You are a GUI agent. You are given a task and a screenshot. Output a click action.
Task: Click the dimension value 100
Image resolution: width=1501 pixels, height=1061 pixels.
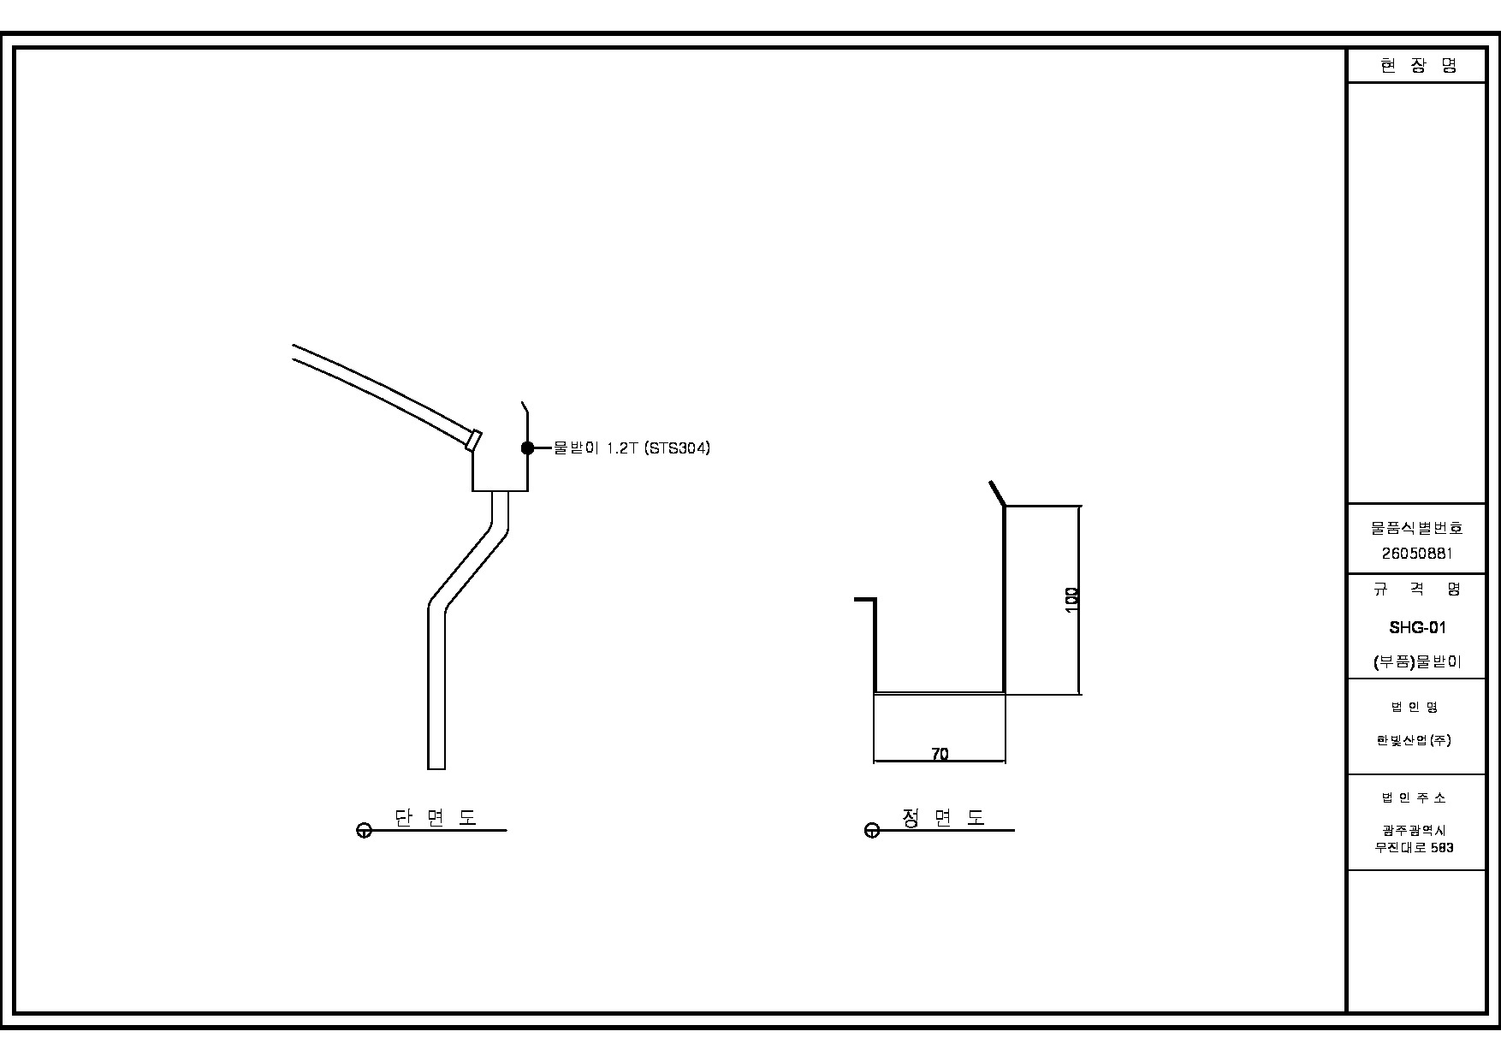tap(1071, 599)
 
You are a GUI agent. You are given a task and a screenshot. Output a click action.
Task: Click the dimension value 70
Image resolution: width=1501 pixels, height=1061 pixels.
tap(940, 754)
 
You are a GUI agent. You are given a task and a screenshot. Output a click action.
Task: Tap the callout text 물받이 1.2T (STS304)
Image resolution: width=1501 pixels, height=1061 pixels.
tap(632, 448)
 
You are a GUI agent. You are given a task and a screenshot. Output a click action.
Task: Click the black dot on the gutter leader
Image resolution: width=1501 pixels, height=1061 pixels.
tap(527, 448)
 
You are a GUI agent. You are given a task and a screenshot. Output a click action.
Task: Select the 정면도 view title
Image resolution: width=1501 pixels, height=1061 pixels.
tap(943, 817)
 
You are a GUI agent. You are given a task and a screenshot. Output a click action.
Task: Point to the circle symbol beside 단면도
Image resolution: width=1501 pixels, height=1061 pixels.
tap(364, 830)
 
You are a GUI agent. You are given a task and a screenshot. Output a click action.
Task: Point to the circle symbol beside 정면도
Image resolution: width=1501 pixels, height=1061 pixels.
tap(872, 830)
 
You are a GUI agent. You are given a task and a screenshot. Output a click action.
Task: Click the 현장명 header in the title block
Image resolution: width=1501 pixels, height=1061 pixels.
tap(1417, 66)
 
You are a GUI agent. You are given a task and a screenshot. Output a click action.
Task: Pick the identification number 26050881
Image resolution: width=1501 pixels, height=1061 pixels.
tap(1417, 554)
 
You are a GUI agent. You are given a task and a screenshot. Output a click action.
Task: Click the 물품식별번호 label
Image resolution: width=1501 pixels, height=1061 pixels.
tap(1417, 529)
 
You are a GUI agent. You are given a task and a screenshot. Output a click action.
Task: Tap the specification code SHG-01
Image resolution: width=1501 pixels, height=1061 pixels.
tap(1417, 627)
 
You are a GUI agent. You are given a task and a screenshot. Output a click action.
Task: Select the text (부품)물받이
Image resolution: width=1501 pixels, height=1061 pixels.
tap(1417, 661)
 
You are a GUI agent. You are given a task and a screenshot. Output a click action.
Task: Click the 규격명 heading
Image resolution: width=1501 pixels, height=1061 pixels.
tap(1417, 589)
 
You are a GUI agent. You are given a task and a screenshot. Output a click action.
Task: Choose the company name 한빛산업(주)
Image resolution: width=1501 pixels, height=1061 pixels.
tap(1414, 740)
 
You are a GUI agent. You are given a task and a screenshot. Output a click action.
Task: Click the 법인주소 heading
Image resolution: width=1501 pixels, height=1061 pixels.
tap(1414, 797)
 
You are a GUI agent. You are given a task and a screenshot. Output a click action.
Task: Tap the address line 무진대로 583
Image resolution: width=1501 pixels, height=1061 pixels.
tap(1414, 848)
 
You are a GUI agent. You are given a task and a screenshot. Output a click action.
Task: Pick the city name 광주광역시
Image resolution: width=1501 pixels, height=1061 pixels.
tap(1414, 830)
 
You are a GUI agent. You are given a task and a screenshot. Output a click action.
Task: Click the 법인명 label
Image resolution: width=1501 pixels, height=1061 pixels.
tap(1414, 707)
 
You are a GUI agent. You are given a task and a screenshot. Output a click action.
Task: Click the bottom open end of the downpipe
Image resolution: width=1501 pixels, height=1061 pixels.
tap(436, 768)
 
